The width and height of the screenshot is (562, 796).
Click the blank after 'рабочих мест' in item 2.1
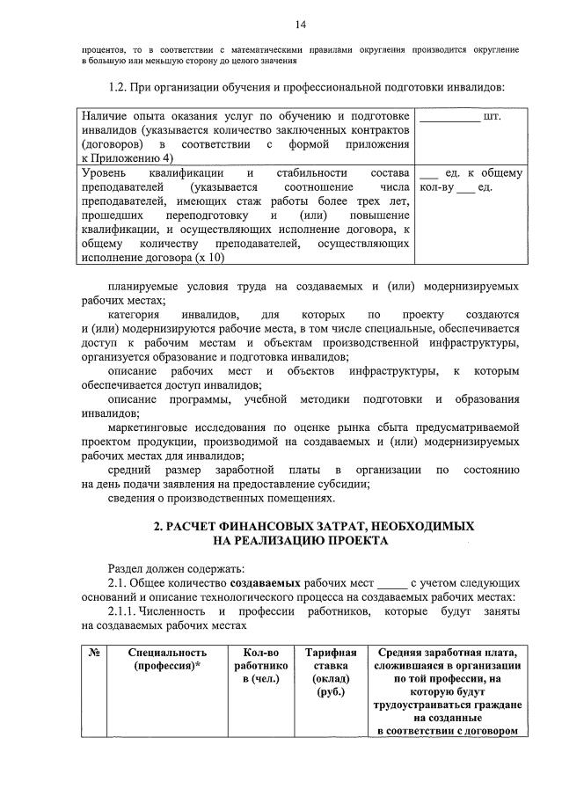click(393, 583)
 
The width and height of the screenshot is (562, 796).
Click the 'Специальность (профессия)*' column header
click(166, 660)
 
